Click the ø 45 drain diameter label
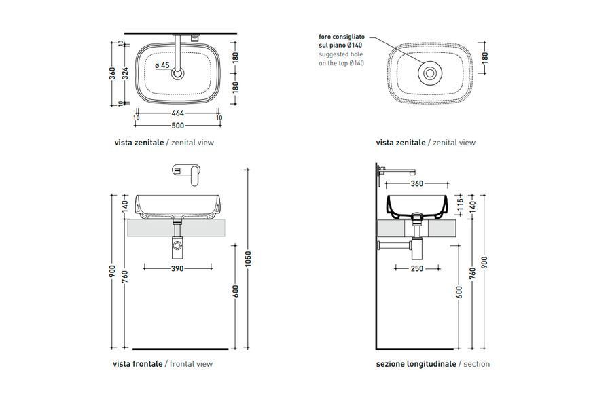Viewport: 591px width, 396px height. click(x=162, y=65)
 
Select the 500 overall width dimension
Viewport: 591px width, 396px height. click(x=178, y=126)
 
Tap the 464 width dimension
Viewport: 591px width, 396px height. click(x=178, y=113)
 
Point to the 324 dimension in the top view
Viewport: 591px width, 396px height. click(x=126, y=73)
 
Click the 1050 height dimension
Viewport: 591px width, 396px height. click(x=248, y=259)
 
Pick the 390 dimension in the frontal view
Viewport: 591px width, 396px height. click(x=177, y=268)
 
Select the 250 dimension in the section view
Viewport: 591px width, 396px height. click(x=417, y=268)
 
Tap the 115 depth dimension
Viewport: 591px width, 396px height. click(x=460, y=205)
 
